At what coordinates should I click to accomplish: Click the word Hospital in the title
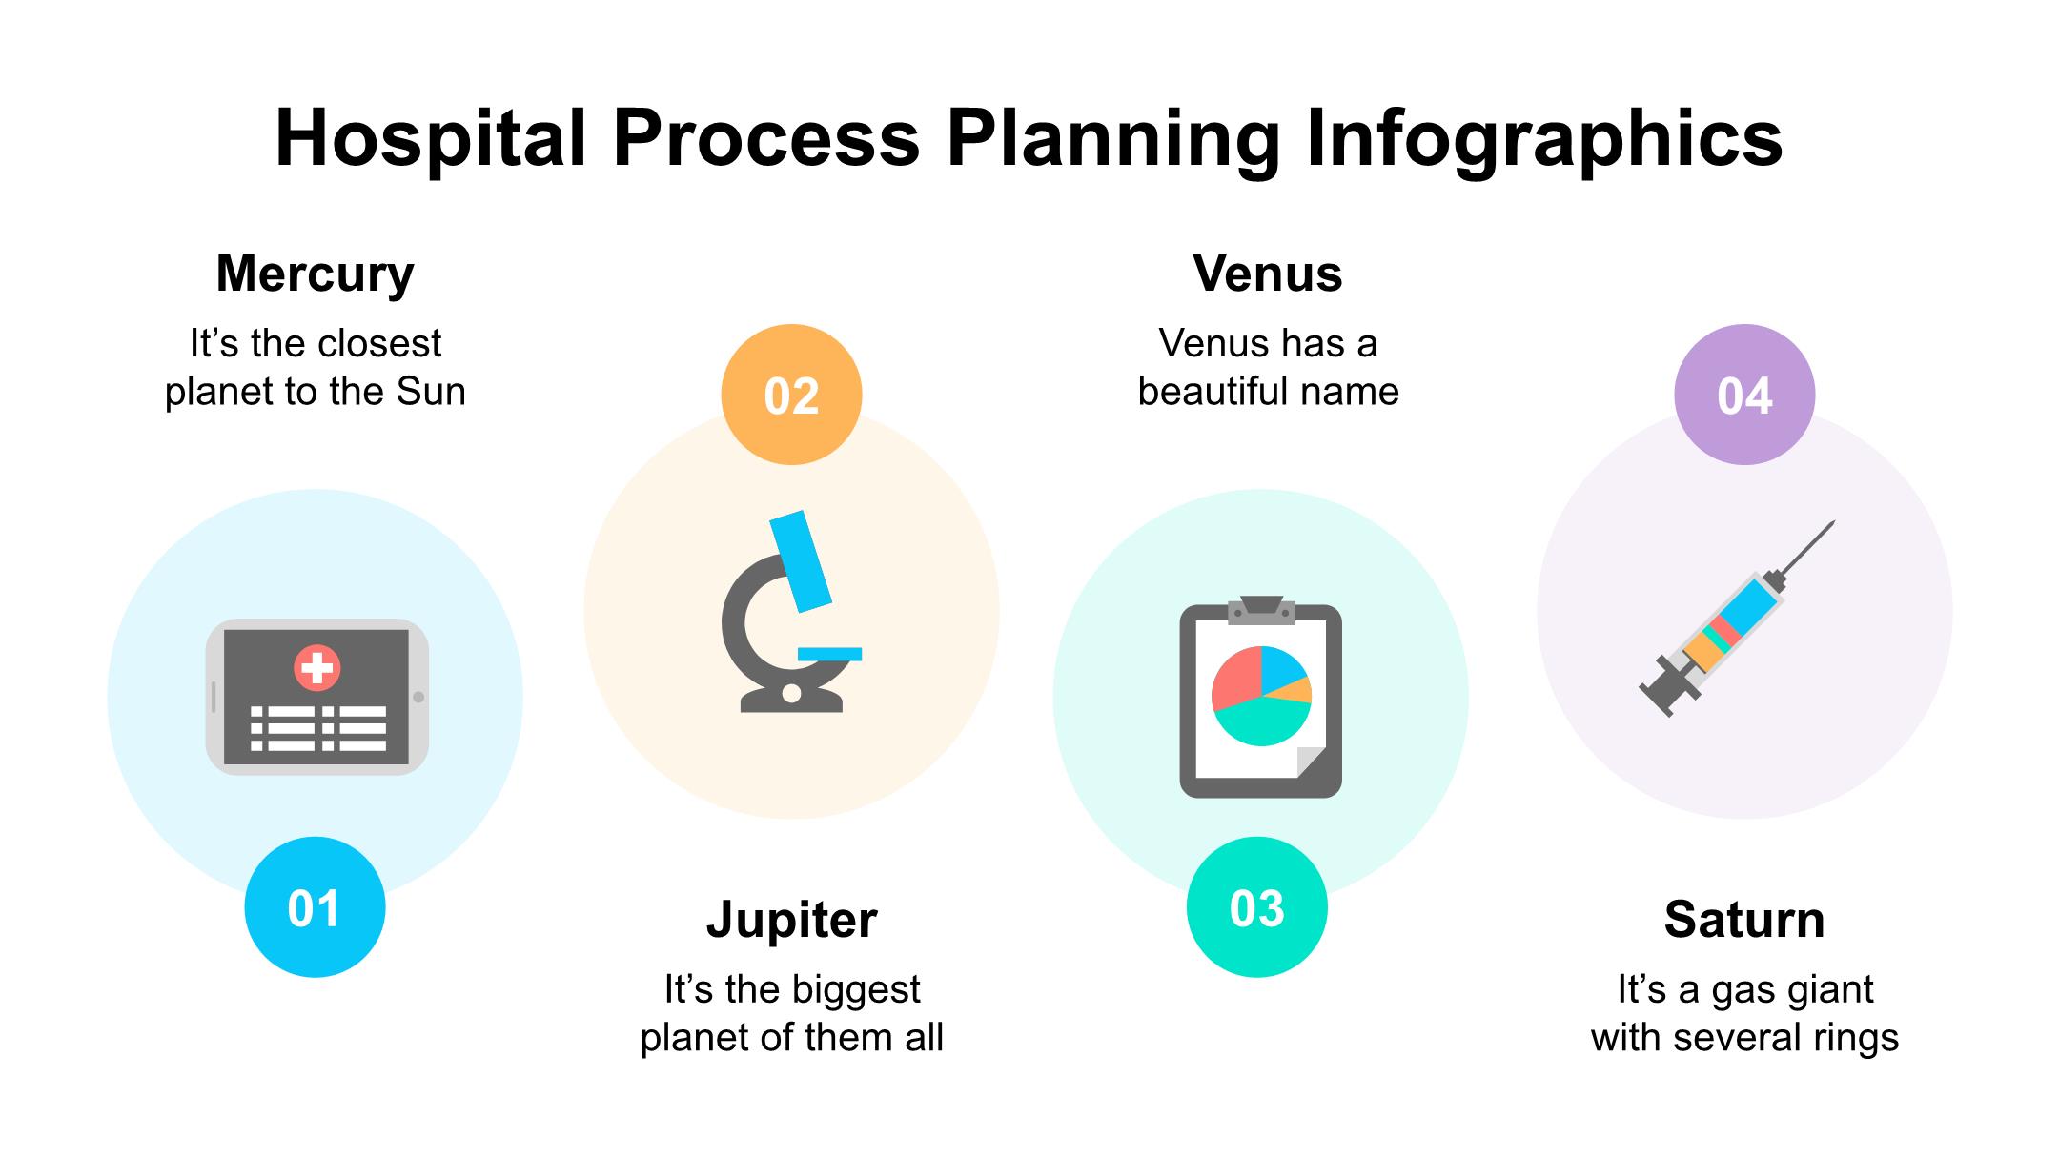click(x=430, y=139)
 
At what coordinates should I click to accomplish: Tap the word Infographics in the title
click(x=1543, y=139)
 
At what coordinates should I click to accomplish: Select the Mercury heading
click(x=316, y=275)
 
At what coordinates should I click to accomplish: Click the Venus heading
click(x=1268, y=274)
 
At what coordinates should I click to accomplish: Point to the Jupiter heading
click(x=791, y=921)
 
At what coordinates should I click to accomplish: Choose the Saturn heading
click(x=1744, y=920)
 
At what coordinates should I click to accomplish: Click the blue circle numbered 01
click(x=315, y=907)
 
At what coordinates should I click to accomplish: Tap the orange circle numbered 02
click(x=791, y=395)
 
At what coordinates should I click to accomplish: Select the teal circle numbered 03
click(x=1256, y=907)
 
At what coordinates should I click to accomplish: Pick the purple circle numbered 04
click(x=1744, y=395)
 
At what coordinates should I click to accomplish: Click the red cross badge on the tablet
click(x=317, y=667)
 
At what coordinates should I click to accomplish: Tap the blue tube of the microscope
click(x=801, y=561)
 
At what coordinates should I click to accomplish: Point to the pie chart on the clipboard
click(x=1261, y=696)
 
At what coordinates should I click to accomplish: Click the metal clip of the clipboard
click(x=1261, y=610)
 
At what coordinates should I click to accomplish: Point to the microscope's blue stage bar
click(x=829, y=654)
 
